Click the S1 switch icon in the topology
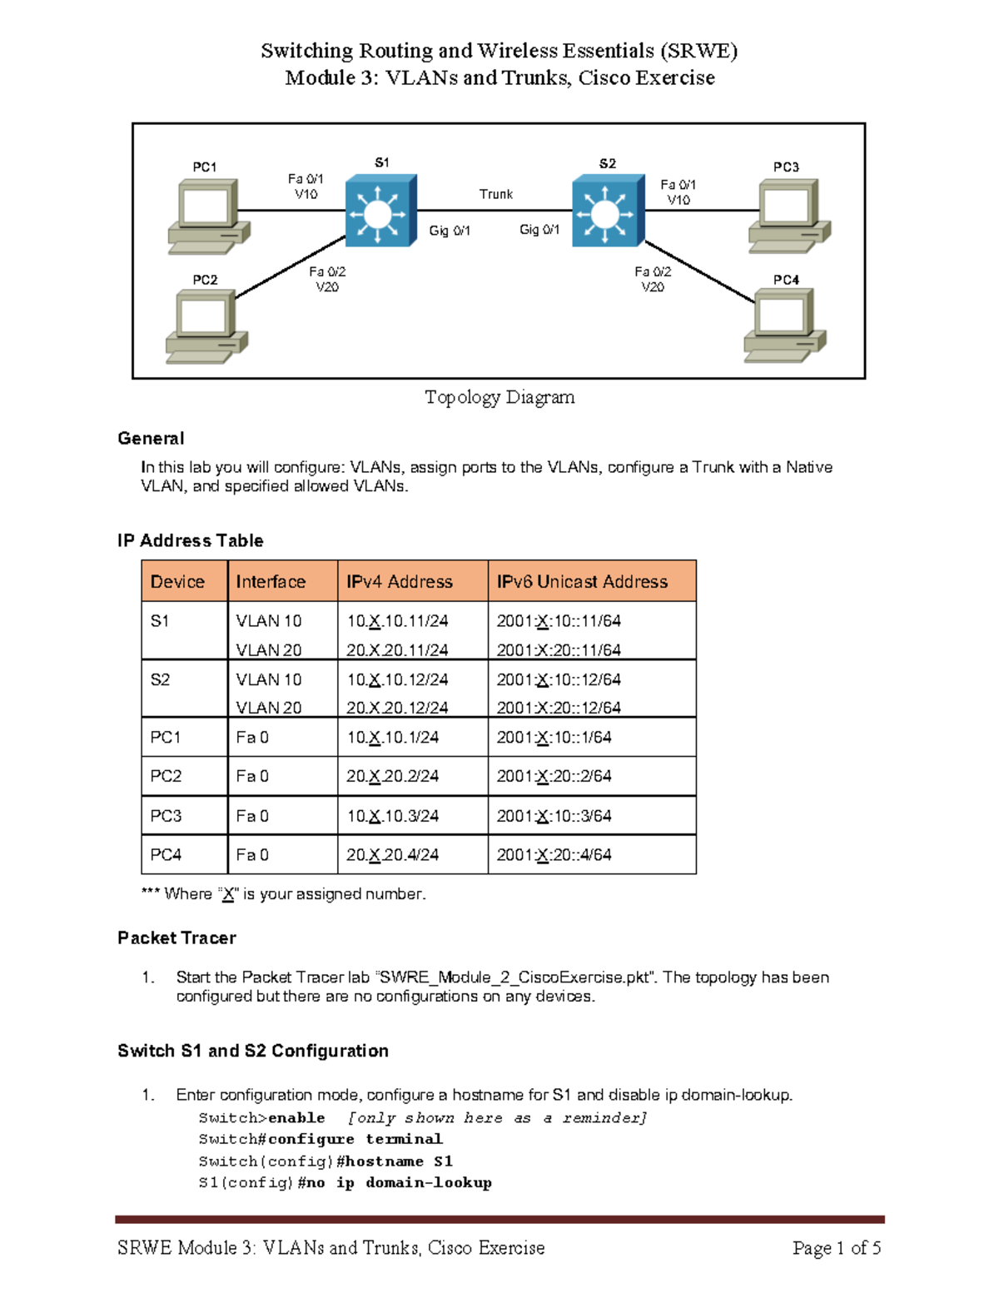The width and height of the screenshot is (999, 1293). tap(380, 211)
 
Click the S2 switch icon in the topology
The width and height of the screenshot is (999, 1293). tap(608, 211)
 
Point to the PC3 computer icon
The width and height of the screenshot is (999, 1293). tap(788, 216)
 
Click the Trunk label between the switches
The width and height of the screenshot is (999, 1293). tap(495, 194)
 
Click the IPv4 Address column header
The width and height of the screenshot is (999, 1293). tap(400, 582)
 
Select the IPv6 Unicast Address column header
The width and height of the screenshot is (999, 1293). tap(582, 582)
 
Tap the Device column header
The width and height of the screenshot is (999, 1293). tap(177, 582)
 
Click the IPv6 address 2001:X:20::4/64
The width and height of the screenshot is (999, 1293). tap(554, 855)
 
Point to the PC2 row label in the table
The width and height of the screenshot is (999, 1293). tap(166, 776)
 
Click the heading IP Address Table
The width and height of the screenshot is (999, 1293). tap(190, 540)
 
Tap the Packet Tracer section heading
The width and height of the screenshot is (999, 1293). tap(176, 938)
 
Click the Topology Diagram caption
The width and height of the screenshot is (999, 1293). tap(499, 397)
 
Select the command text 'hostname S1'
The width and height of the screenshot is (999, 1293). tap(399, 1161)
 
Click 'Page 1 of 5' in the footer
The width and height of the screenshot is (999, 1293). tap(836, 1248)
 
